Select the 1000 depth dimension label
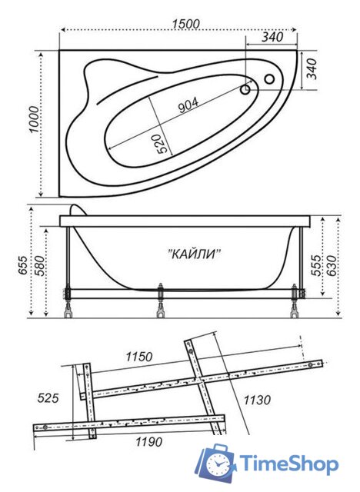point(34,120)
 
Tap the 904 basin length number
point(188,105)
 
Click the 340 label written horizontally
point(272,37)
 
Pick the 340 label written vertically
point(312,68)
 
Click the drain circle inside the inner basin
point(245,90)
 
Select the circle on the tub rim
point(269,79)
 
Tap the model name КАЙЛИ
point(194,254)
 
